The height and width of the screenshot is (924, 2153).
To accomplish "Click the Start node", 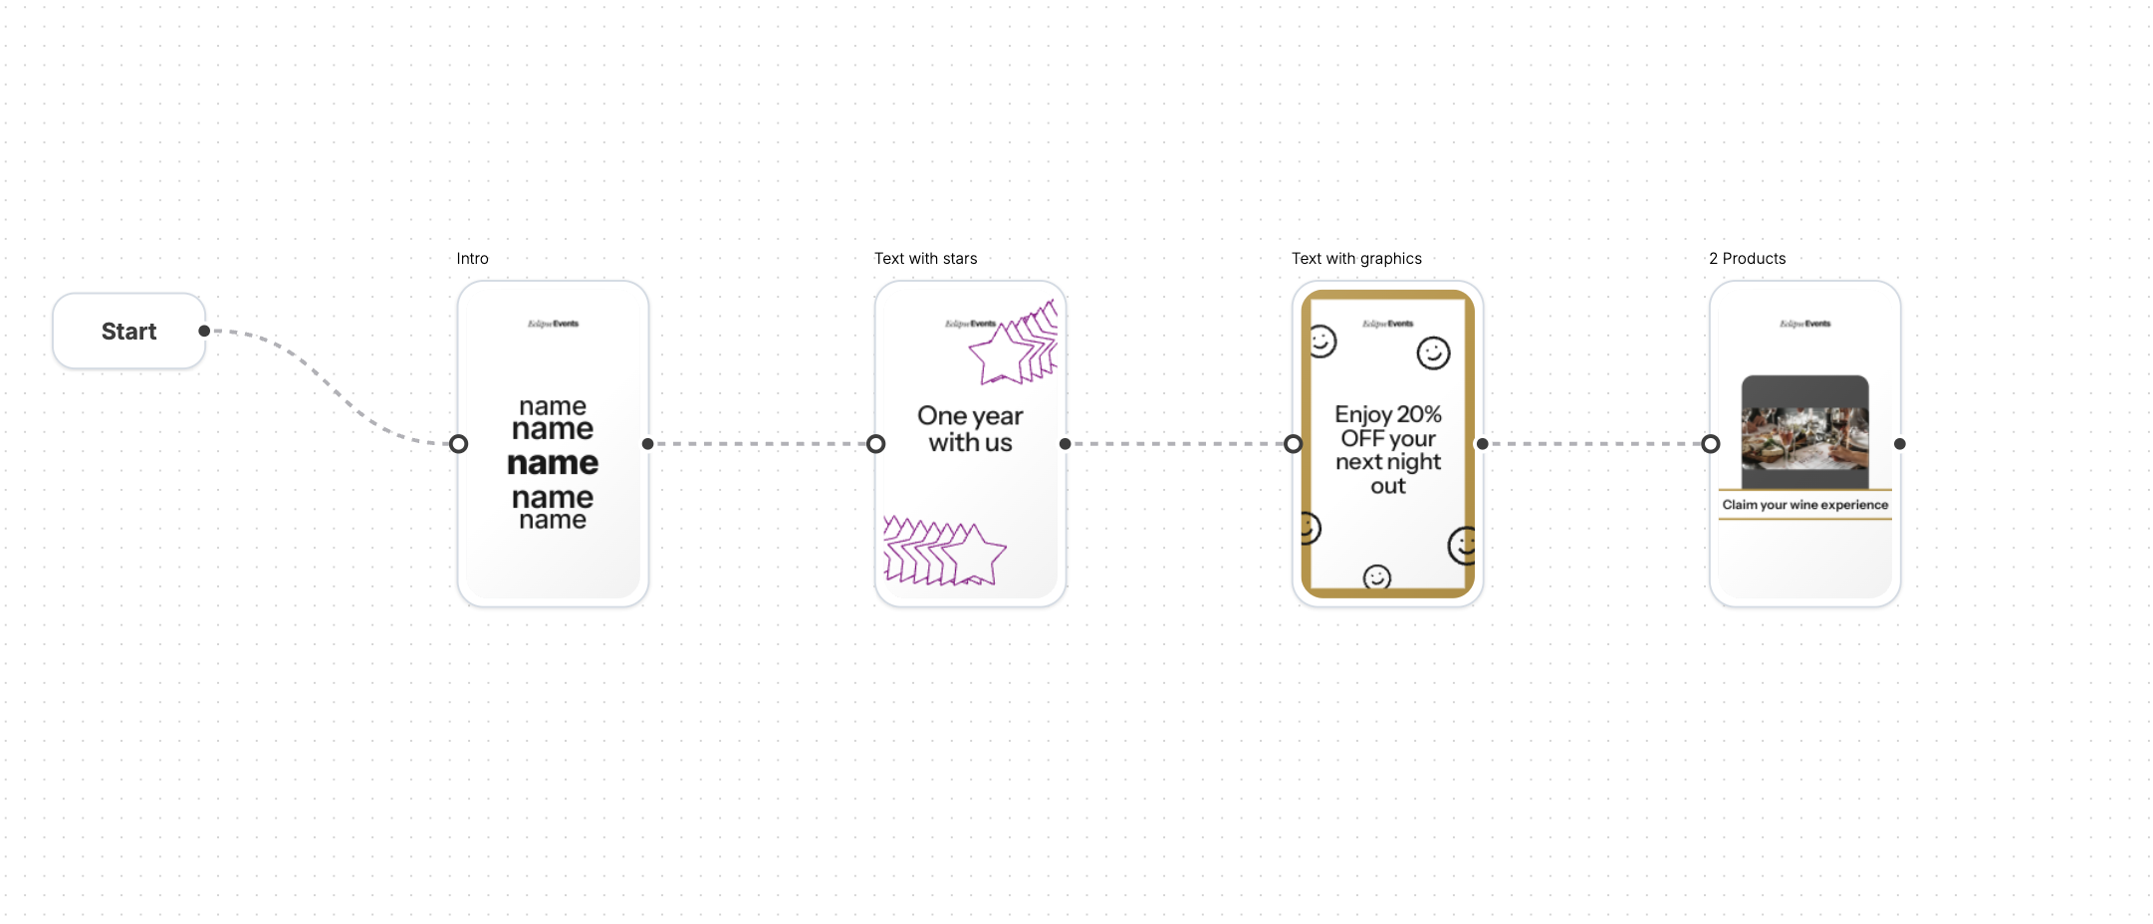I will click(128, 332).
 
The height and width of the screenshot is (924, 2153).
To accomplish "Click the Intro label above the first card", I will click(472, 259).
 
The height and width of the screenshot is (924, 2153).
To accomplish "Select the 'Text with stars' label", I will click(925, 259).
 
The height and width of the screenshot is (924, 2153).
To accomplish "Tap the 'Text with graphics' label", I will click(1356, 259).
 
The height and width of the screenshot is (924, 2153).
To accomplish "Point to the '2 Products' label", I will click(1747, 259).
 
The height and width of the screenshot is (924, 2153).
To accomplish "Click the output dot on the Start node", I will click(204, 331).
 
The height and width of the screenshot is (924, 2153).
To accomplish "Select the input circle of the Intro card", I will click(458, 444).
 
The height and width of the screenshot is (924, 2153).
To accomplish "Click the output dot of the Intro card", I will click(648, 444).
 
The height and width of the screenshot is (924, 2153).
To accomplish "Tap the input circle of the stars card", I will click(875, 444).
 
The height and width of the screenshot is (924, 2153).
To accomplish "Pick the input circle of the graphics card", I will click(1293, 444).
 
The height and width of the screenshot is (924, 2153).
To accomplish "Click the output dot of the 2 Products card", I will click(1900, 444).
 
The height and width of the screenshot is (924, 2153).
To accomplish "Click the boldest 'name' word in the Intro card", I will click(553, 463).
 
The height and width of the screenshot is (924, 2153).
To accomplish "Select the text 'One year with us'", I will click(970, 429).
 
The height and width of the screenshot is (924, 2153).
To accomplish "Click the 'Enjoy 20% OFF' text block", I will click(1388, 449).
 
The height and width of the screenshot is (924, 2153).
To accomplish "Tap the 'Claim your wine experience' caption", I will click(1804, 505).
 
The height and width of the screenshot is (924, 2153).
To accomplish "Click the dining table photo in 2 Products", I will click(1804, 430).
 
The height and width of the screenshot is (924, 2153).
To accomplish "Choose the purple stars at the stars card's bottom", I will click(942, 552).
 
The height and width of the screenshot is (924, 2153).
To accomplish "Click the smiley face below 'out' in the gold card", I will click(1377, 577).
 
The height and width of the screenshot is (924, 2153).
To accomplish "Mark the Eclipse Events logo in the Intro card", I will click(553, 324).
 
